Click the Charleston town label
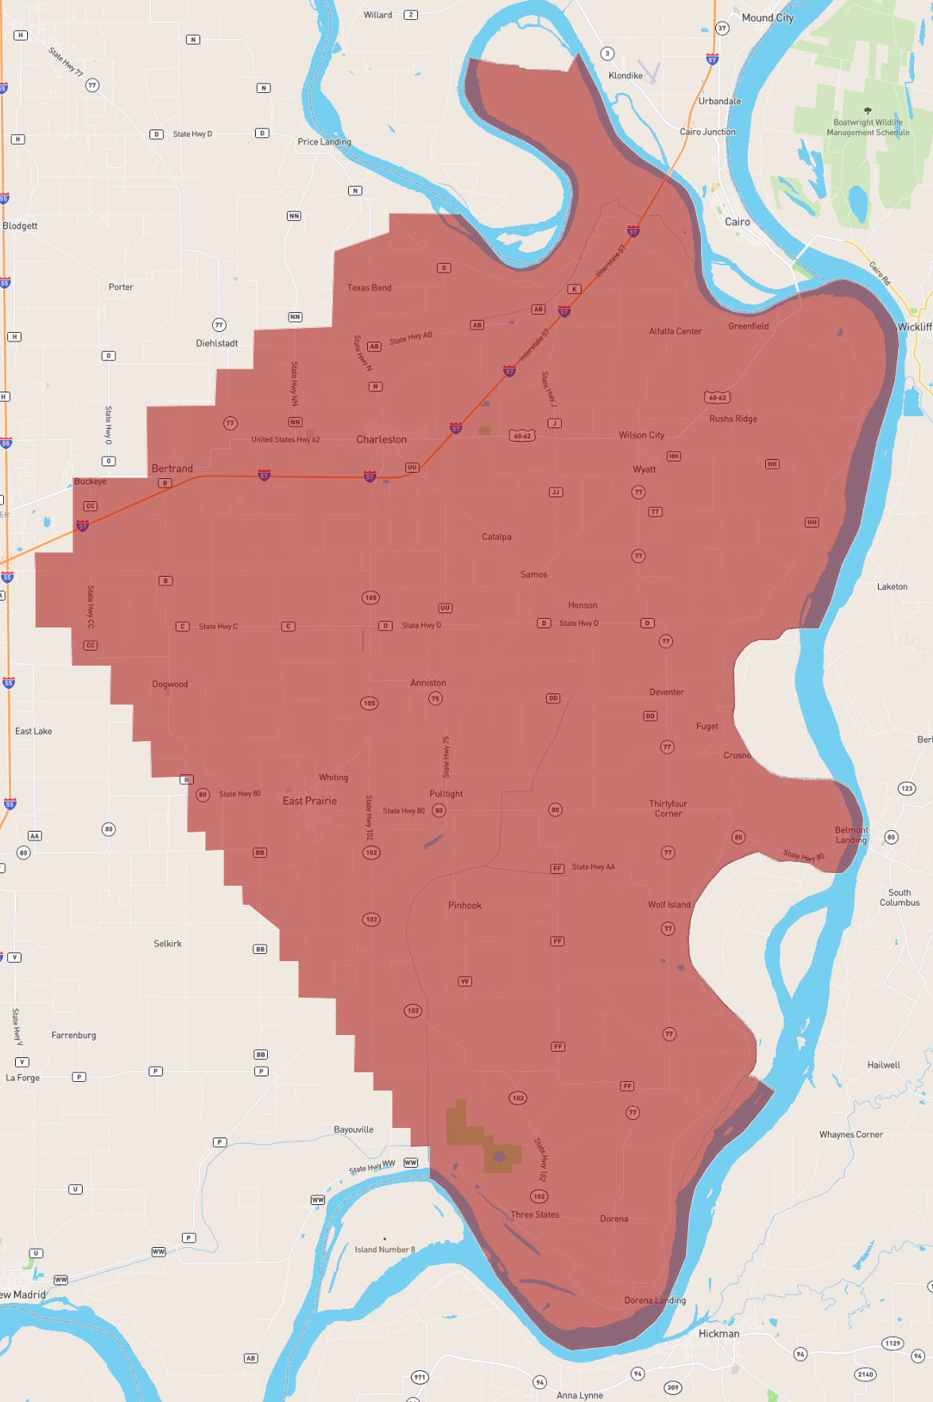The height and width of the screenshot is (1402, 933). coord(381,439)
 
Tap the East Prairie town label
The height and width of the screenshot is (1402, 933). coord(310,801)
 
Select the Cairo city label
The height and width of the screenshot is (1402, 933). coord(737,222)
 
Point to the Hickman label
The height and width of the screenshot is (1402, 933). coord(719,1334)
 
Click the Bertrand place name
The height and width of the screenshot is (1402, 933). coord(172,469)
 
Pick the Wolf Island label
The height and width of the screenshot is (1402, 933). coord(669,905)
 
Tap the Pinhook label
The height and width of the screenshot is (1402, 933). coord(465,906)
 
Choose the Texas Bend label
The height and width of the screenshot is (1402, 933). coord(370,288)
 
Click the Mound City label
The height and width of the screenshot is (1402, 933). coord(768,17)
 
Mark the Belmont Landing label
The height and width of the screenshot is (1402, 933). coord(851,835)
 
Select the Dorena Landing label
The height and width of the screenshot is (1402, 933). coord(655,1300)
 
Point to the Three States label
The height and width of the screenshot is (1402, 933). coord(535,1215)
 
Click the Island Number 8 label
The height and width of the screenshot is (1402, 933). coord(385,1249)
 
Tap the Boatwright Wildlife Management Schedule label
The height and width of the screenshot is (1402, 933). coord(868,127)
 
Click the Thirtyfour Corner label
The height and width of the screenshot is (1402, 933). coord(668,809)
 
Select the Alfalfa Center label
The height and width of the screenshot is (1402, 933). coord(676,331)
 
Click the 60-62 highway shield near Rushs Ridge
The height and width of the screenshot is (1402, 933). coord(717,397)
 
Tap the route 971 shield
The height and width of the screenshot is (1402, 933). coord(420,1377)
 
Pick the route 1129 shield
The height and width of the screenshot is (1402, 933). coord(893,1343)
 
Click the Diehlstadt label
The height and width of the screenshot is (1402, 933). coord(217,343)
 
